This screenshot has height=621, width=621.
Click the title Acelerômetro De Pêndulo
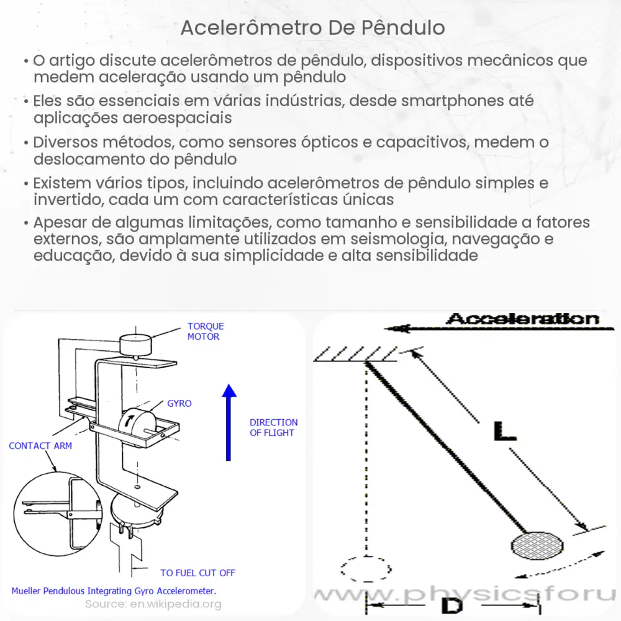(313, 28)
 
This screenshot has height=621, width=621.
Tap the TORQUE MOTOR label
(206, 331)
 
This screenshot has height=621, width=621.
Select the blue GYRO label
(179, 403)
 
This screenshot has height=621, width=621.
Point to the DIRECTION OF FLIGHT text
(273, 427)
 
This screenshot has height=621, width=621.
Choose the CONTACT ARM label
(40, 445)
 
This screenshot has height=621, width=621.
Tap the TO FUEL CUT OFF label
(197, 573)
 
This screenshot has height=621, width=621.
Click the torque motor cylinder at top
(135, 343)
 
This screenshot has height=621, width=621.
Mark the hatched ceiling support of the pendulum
(355, 355)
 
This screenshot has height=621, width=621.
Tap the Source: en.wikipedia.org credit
(153, 604)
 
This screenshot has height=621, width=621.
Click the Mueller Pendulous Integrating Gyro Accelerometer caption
(114, 590)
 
